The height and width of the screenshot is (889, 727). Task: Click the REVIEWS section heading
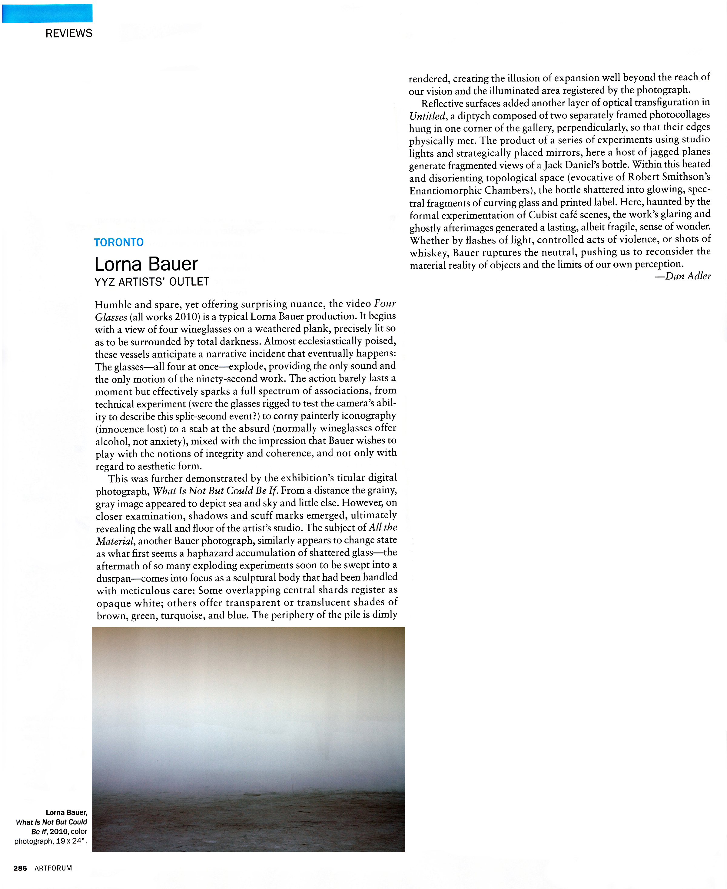pos(69,34)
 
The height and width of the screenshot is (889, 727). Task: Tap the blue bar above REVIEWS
pos(47,13)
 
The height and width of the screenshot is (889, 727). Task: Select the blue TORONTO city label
pos(119,242)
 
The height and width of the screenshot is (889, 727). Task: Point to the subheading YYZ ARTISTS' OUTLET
pos(151,282)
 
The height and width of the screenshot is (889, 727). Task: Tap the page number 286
pos(20,868)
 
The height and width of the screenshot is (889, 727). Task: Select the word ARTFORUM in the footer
pos(53,868)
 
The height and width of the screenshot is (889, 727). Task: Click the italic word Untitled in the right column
pos(427,116)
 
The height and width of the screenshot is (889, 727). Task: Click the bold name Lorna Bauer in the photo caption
pos(66,812)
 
